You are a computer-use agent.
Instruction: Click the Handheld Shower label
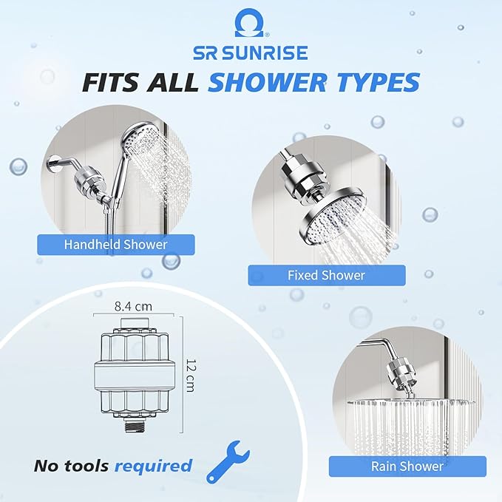[116, 245]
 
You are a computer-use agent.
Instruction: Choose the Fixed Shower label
[326, 275]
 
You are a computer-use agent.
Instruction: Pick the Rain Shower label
[407, 466]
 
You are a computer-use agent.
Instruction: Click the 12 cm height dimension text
[190, 376]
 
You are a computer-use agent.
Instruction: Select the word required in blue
[152, 466]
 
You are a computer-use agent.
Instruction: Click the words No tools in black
[72, 466]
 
